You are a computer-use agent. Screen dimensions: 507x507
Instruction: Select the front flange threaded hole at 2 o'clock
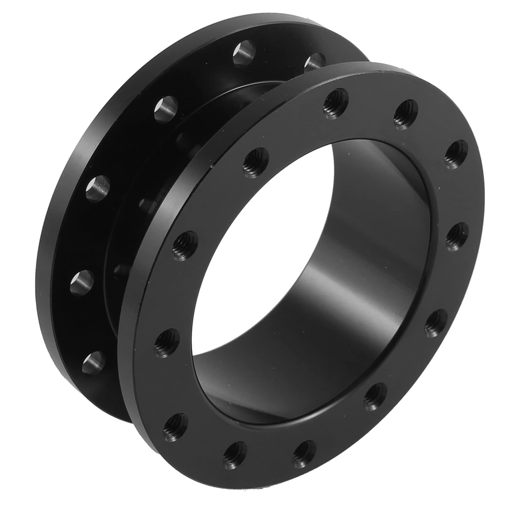click(456, 155)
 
